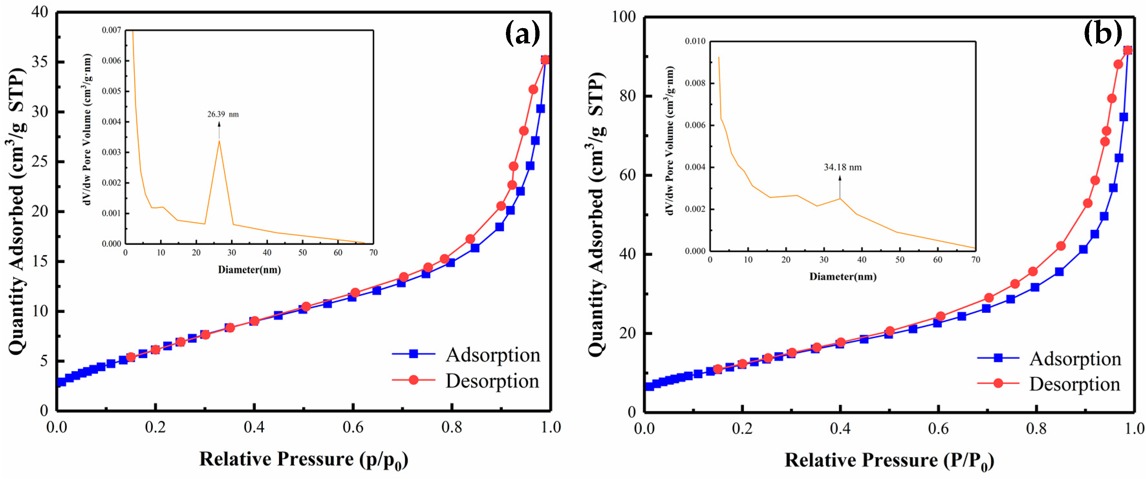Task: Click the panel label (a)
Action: (x=522, y=33)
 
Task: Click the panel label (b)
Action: (x=1102, y=33)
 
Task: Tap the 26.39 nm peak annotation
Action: (x=223, y=115)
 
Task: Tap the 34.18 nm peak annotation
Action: (x=842, y=167)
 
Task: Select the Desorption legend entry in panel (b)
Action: (x=1074, y=384)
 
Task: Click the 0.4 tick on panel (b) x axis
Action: (x=840, y=429)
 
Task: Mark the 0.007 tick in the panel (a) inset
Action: (x=111, y=30)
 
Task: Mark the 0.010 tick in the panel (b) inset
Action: (x=695, y=41)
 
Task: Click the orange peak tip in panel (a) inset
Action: (x=219, y=141)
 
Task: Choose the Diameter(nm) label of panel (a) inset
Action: (x=249, y=270)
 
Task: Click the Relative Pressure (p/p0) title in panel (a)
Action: (x=304, y=460)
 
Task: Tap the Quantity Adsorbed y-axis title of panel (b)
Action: (x=596, y=214)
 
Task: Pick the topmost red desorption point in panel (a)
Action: (x=545, y=60)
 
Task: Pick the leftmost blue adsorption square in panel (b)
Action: (x=649, y=386)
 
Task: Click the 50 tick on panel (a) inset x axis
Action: (x=303, y=253)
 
